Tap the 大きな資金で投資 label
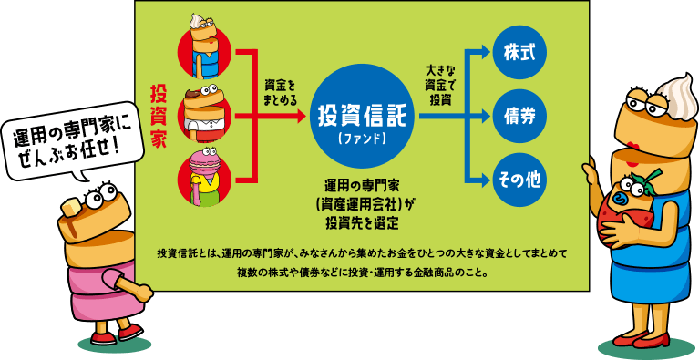(x=440, y=84)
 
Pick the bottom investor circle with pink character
(x=211, y=177)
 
